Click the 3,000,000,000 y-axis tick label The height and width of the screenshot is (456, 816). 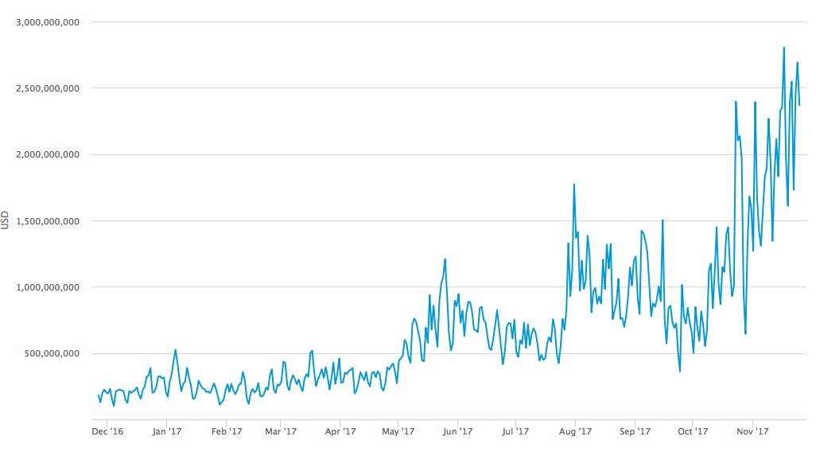pyautogui.click(x=47, y=22)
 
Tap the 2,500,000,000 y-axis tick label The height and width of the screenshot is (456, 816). pyautogui.click(x=47, y=88)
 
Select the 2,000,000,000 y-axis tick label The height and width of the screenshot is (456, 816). pyautogui.click(x=47, y=154)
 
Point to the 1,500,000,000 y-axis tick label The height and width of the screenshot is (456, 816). pyautogui.click(x=47, y=220)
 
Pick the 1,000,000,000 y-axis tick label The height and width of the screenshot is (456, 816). pyautogui.click(x=47, y=287)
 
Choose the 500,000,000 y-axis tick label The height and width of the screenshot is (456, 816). pyautogui.click(x=52, y=353)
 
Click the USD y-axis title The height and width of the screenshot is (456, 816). pyautogui.click(x=6, y=220)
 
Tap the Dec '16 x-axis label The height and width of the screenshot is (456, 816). pyautogui.click(x=107, y=432)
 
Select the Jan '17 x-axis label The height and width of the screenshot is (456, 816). pyautogui.click(x=166, y=432)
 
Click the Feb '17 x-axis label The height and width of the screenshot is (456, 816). pyautogui.click(x=226, y=432)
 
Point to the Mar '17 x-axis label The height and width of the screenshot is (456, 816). pyautogui.click(x=280, y=432)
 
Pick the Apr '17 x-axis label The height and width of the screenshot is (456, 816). pyautogui.click(x=340, y=432)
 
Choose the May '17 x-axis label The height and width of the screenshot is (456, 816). pyautogui.click(x=398, y=432)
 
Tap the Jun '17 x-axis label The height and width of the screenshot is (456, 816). pyautogui.click(x=457, y=432)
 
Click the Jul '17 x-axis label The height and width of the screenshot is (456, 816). pyautogui.click(x=515, y=432)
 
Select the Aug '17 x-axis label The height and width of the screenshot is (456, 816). pyautogui.click(x=575, y=432)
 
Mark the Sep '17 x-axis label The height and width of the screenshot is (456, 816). pyautogui.click(x=635, y=432)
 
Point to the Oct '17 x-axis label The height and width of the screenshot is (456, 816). pyautogui.click(x=693, y=432)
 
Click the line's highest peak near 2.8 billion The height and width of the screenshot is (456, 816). pyautogui.click(x=784, y=48)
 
